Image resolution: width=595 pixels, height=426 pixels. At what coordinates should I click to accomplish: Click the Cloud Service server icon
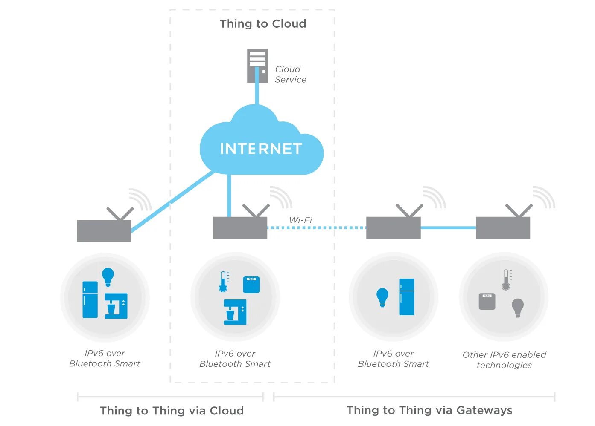(x=257, y=65)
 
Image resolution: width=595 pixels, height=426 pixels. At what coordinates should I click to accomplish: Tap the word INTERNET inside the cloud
(x=261, y=149)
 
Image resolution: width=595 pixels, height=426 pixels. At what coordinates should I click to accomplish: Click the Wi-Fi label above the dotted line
(x=300, y=220)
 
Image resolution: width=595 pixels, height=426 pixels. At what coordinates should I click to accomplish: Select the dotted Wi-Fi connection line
(x=316, y=228)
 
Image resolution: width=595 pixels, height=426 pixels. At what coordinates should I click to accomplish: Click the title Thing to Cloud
(x=263, y=24)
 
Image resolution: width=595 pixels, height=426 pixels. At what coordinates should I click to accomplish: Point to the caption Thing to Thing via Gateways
(x=429, y=410)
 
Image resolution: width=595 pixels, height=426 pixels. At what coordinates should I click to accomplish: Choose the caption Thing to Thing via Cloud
(x=172, y=411)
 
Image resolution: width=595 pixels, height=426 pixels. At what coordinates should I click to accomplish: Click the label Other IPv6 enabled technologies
(x=504, y=360)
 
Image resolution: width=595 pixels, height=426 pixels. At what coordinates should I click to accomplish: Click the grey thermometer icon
(x=506, y=280)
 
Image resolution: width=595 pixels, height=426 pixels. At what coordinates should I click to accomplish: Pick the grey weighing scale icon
(x=487, y=301)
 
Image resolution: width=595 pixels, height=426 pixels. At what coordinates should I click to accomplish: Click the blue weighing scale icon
(x=251, y=285)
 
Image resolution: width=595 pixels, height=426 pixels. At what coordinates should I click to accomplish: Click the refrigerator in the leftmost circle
(x=90, y=299)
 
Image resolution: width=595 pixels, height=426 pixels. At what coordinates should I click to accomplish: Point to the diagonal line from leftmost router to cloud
(x=171, y=202)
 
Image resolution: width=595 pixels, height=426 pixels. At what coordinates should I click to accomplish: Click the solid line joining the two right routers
(x=448, y=228)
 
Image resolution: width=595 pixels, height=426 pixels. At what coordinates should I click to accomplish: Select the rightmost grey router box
(x=503, y=227)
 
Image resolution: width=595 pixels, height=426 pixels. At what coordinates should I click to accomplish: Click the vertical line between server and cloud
(x=257, y=92)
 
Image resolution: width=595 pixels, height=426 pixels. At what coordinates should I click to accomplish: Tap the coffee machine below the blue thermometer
(x=235, y=312)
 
